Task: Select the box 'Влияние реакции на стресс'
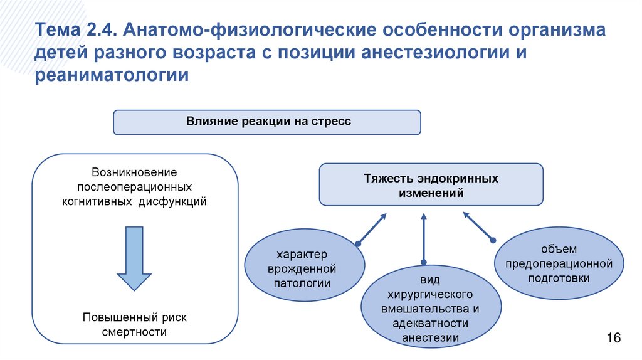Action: tap(266, 122)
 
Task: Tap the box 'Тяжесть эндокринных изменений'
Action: tap(431, 185)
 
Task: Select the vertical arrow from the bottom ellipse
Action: tap(424, 238)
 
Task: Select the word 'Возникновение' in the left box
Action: tap(134, 172)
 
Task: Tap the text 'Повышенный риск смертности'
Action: tap(134, 324)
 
